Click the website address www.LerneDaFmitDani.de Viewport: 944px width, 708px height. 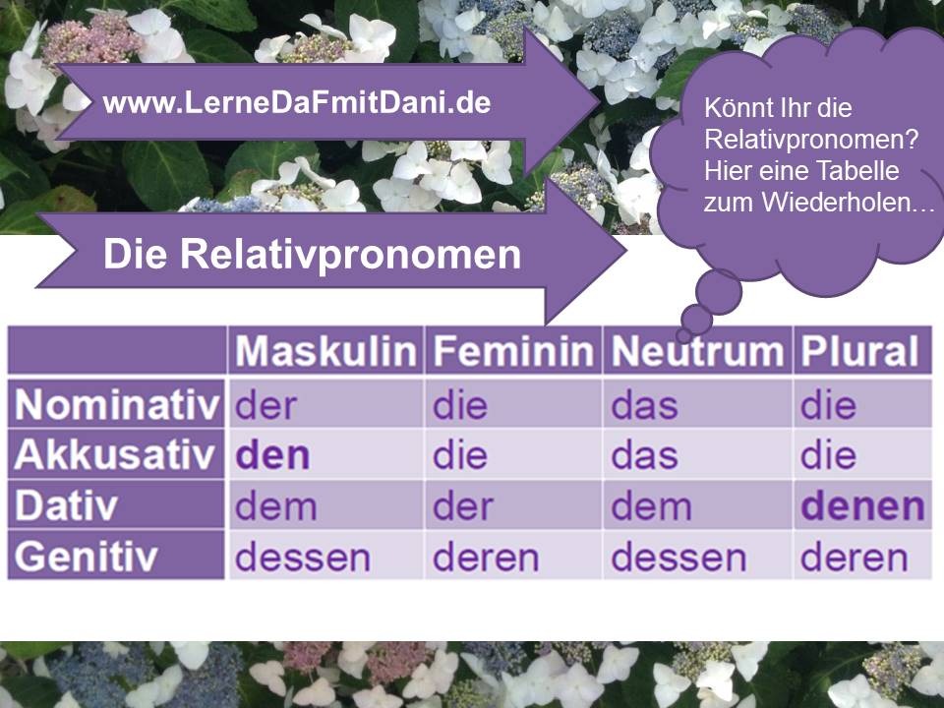(x=297, y=102)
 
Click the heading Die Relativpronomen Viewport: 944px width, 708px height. (x=312, y=254)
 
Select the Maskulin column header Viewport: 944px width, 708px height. (x=325, y=350)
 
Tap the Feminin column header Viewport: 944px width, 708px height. (x=513, y=350)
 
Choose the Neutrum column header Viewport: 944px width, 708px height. (x=697, y=350)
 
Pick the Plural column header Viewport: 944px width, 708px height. (x=859, y=350)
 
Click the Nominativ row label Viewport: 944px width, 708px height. (x=117, y=404)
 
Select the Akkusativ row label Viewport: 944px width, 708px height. (x=114, y=454)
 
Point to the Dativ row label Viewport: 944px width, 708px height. (x=66, y=505)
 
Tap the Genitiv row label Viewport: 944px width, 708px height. (x=86, y=556)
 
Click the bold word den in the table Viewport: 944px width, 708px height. (x=272, y=455)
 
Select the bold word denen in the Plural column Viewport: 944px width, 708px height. (x=862, y=506)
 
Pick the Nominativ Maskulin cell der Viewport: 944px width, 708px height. (x=265, y=406)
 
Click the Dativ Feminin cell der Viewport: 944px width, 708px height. (x=463, y=506)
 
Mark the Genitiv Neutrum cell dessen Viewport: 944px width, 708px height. (x=678, y=558)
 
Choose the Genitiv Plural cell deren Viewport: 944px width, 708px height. (x=854, y=558)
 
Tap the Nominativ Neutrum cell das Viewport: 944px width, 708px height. (x=644, y=406)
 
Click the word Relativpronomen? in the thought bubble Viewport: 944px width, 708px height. (x=811, y=140)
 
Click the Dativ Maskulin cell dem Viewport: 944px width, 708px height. (x=275, y=506)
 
